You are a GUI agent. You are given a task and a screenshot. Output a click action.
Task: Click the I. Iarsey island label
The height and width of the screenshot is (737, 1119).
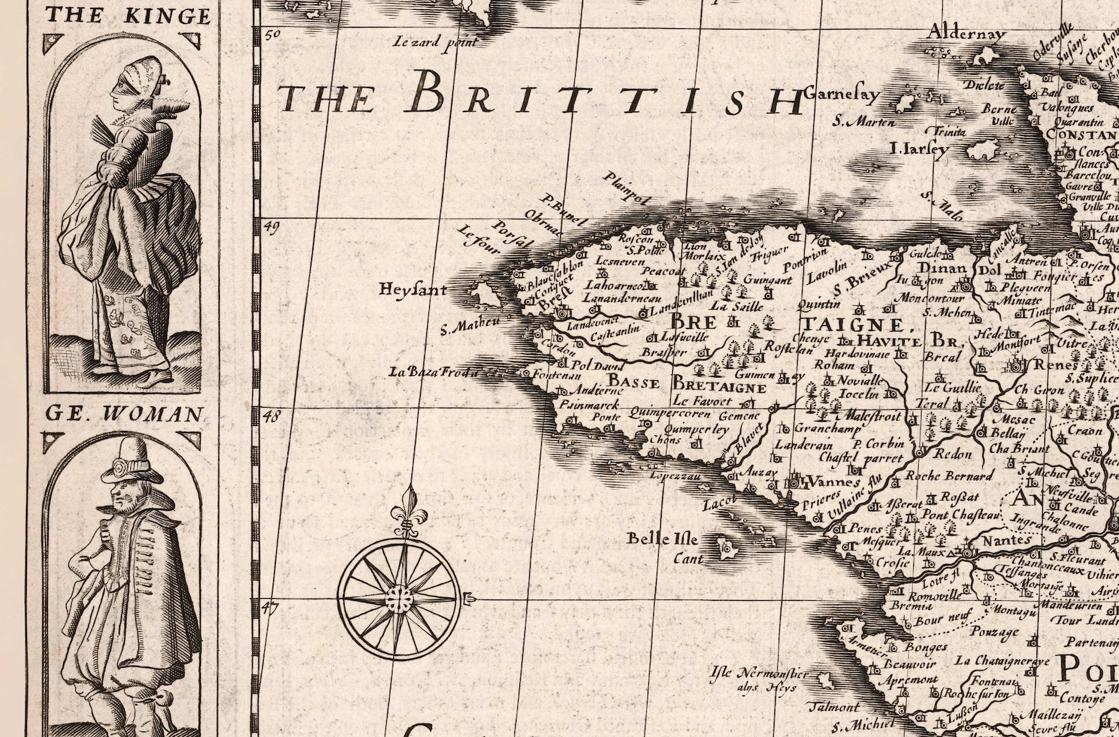point(919,149)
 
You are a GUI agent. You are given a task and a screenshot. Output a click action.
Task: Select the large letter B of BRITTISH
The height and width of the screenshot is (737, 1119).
point(426,94)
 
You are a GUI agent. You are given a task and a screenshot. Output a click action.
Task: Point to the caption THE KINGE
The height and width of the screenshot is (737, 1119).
point(127,16)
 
